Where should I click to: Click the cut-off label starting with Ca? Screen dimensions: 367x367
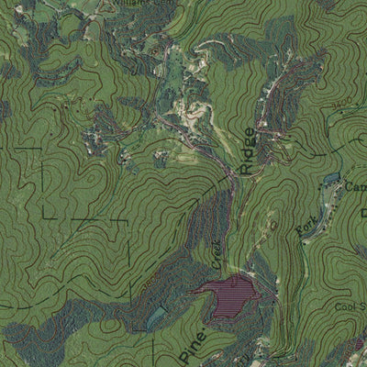pyautogui.click(x=355, y=186)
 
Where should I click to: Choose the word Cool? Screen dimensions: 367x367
pyautogui.click(x=345, y=307)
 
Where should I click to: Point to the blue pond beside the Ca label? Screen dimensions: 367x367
pyautogui.click(x=332, y=180)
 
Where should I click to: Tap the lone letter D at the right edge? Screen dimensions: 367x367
pyautogui.click(x=363, y=213)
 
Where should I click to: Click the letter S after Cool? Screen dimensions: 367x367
pyautogui.click(x=362, y=307)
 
